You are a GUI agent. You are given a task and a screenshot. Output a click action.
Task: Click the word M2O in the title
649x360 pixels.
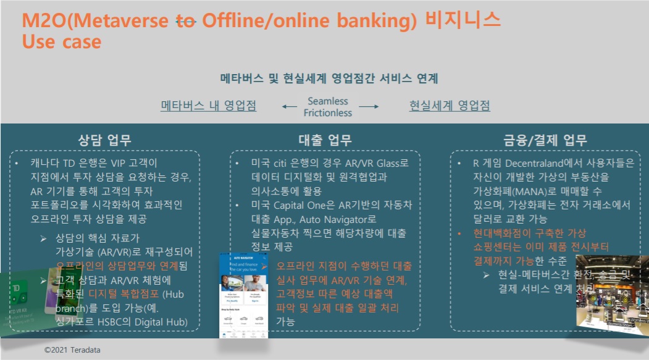click(43, 20)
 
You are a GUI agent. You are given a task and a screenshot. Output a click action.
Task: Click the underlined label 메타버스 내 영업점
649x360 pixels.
click(208, 105)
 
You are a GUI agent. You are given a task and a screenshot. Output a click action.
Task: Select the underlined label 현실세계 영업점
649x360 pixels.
click(450, 105)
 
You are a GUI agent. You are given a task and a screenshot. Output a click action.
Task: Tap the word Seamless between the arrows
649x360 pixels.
click(328, 101)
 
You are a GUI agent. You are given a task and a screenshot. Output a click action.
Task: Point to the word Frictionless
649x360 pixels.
click(328, 113)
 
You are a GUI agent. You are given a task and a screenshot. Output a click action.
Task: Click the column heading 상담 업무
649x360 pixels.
click(105, 140)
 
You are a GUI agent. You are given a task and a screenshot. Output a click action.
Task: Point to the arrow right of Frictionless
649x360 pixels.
click(369, 107)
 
